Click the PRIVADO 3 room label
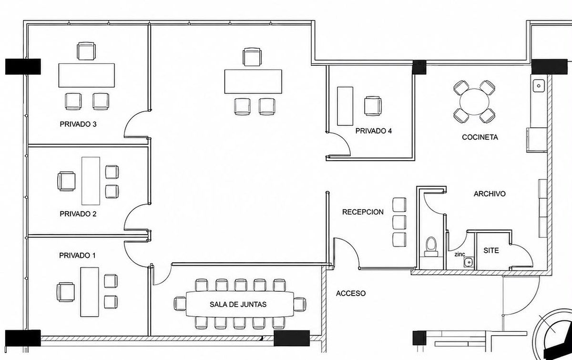pos(78,124)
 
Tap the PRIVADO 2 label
pos(78,214)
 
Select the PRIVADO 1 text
pos(77,256)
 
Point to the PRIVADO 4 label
pos(374,131)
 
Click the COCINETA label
pos(480,137)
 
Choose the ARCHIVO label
pos(490,194)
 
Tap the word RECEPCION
pos(363,212)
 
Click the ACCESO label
pos(351,293)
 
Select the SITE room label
pos(491,250)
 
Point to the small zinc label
pos(460,255)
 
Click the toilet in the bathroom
pos(431,247)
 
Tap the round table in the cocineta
pos(474,102)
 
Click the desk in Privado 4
pos(345,106)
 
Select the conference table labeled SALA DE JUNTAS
pos(240,304)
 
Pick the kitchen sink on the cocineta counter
pos(539,86)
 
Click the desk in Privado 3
pos(87,75)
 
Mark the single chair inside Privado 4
pos(373,106)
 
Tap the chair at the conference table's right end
pos(300,304)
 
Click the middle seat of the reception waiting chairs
pos(399,222)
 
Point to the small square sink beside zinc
pos(469,262)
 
